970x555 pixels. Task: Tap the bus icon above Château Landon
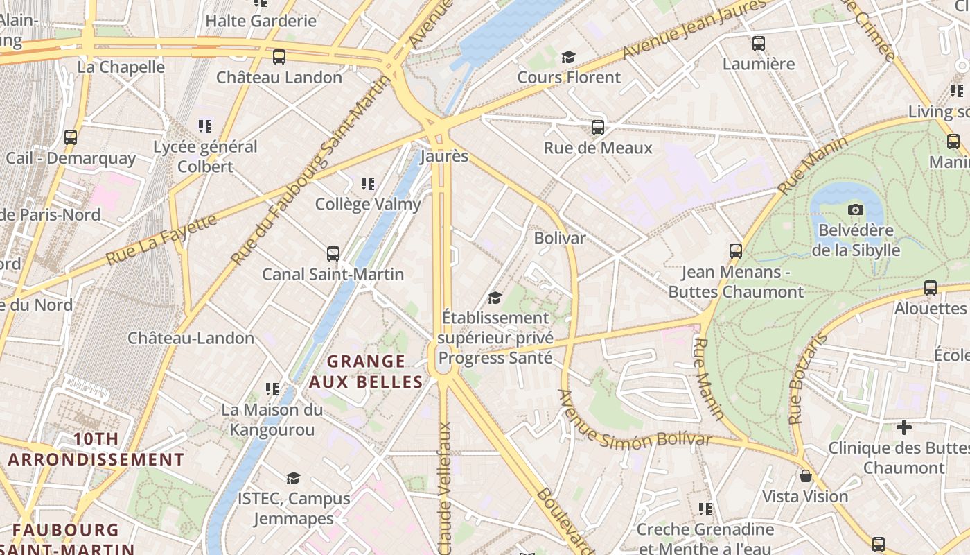tap(279, 57)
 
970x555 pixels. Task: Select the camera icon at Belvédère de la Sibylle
tap(856, 210)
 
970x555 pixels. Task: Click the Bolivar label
tap(559, 238)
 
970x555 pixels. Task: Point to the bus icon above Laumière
tap(759, 44)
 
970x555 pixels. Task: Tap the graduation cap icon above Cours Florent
tap(569, 57)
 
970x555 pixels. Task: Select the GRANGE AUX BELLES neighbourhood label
tap(366, 371)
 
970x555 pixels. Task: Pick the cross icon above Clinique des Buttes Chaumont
tap(904, 427)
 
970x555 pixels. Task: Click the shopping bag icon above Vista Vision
tap(805, 476)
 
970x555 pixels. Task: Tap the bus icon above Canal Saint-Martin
tap(333, 254)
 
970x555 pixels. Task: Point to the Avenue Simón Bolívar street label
tap(634, 421)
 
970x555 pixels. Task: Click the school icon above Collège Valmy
tap(368, 184)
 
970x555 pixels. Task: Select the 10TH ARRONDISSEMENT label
tap(96, 449)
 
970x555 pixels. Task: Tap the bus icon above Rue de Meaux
tap(598, 128)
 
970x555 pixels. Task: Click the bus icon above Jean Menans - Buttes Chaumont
tap(736, 251)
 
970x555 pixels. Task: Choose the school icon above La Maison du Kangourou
tap(272, 389)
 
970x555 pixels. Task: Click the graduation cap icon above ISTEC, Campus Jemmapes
tap(294, 478)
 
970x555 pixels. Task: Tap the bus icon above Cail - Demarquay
tap(71, 137)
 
